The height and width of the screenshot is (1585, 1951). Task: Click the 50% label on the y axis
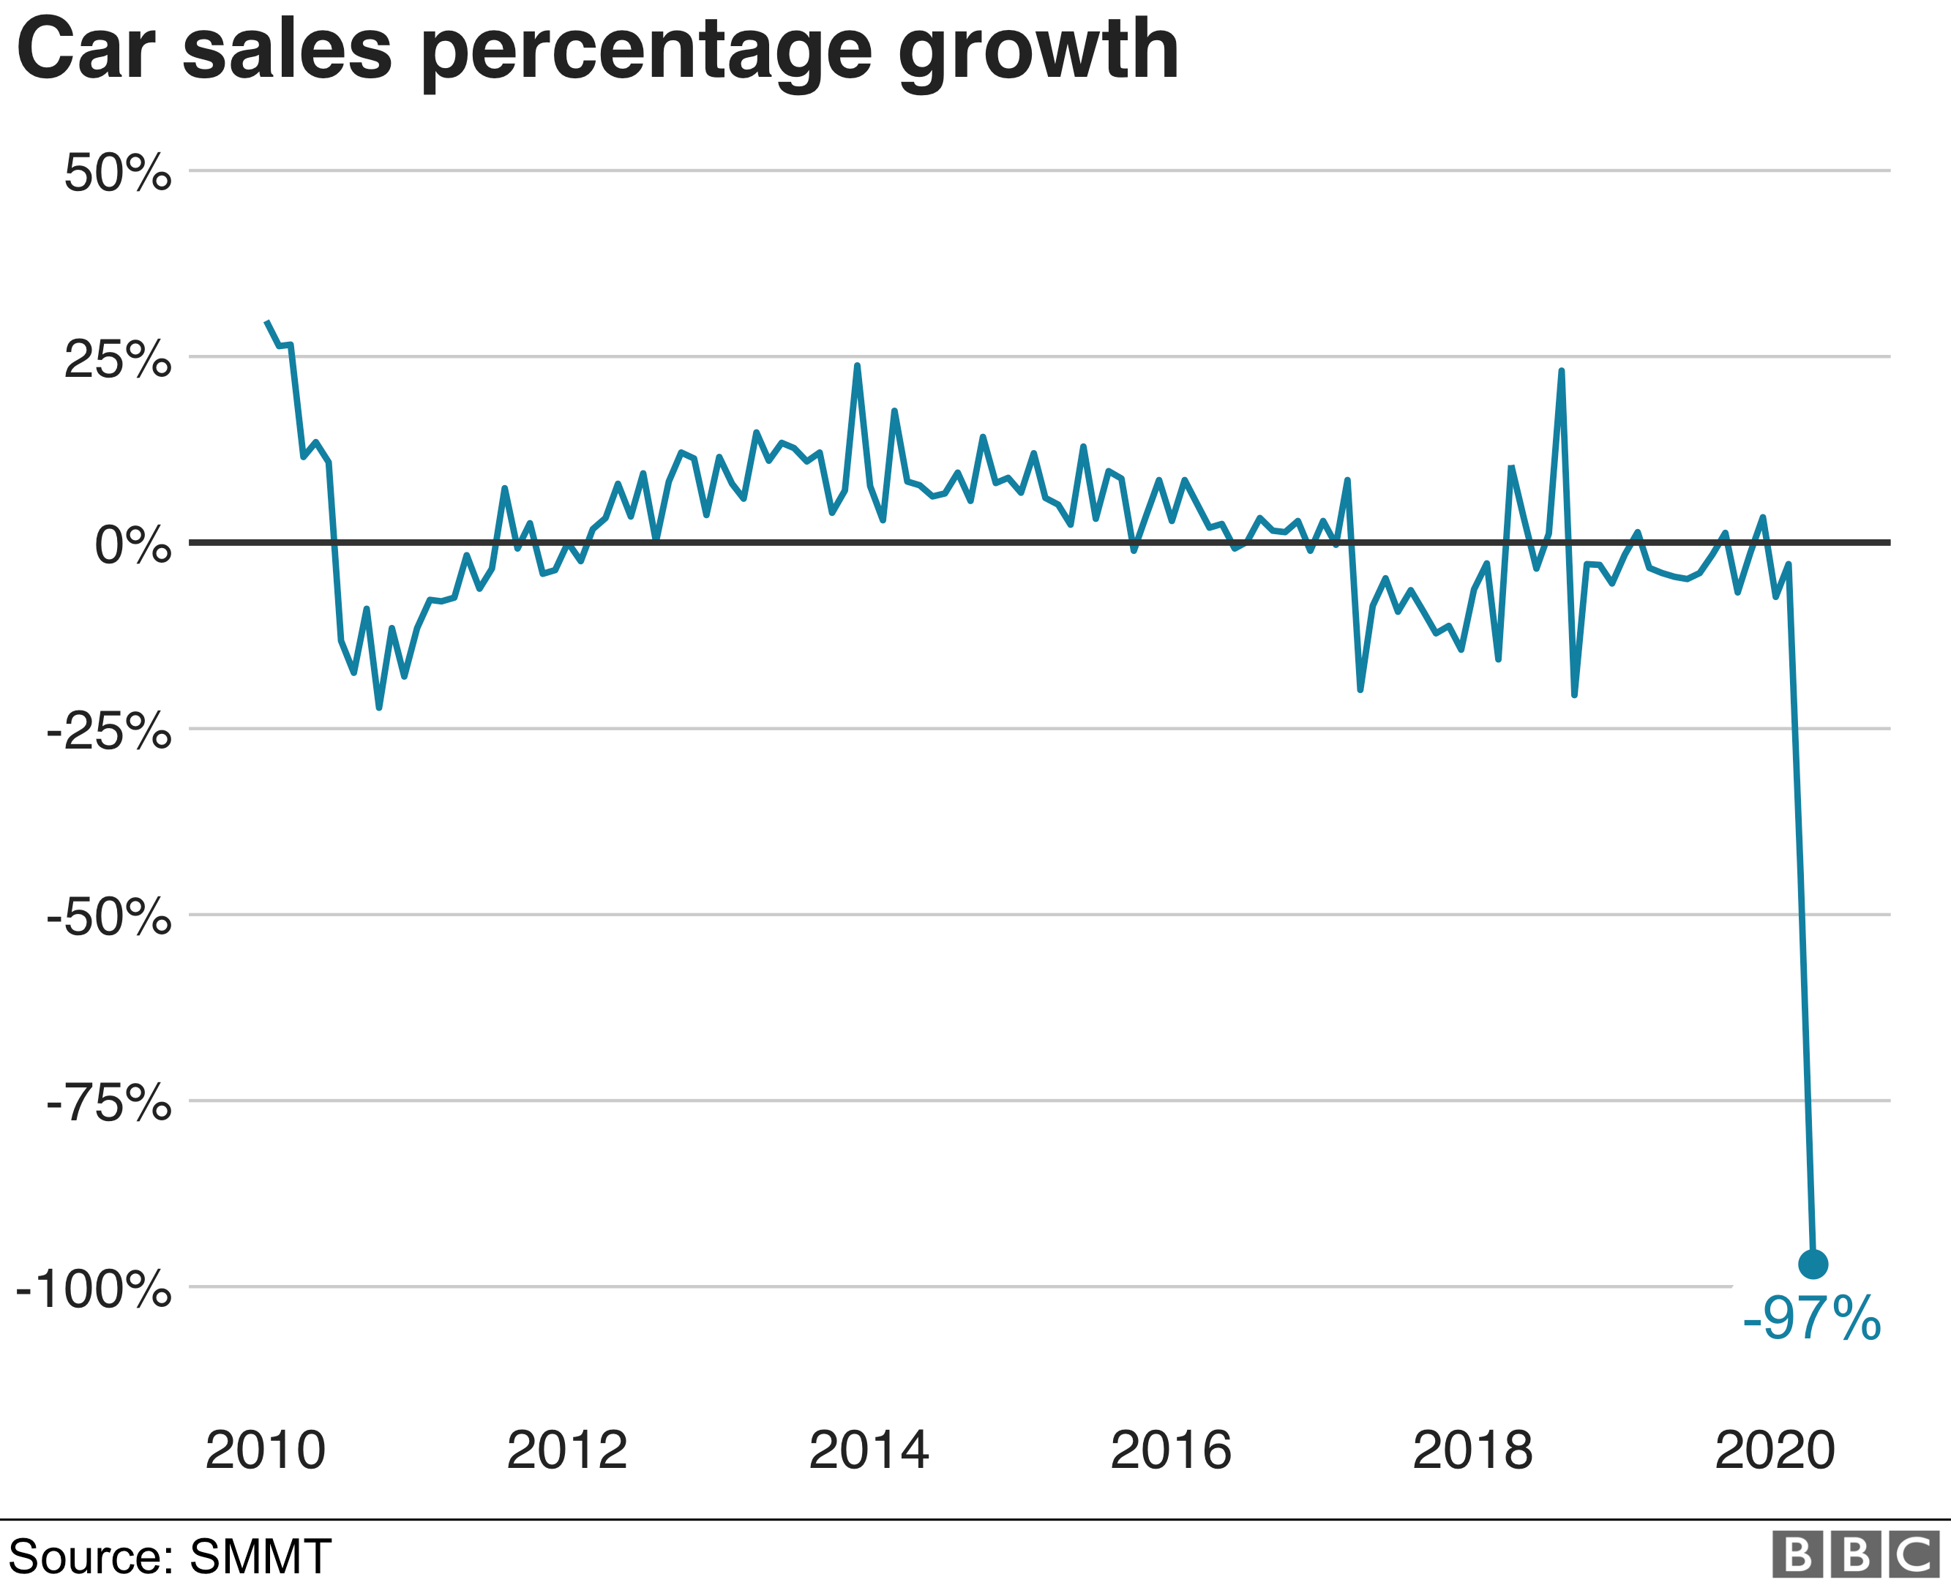pos(118,173)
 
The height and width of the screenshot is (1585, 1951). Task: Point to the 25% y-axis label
pos(118,360)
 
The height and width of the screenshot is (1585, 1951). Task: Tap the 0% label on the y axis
pos(133,546)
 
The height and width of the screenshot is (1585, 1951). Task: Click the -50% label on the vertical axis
pos(108,918)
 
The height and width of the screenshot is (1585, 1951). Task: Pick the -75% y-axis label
pos(108,1103)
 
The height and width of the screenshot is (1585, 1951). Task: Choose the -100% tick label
pos(94,1290)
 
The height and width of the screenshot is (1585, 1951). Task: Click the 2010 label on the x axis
pos(265,1450)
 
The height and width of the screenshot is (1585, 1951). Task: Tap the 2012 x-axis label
pos(567,1450)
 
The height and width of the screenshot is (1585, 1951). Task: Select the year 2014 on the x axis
pos(869,1450)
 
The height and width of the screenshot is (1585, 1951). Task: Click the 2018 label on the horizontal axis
pos(1472,1450)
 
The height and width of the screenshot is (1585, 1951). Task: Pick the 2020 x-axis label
pos(1775,1450)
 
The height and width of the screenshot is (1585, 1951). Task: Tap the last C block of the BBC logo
pos(1914,1555)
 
